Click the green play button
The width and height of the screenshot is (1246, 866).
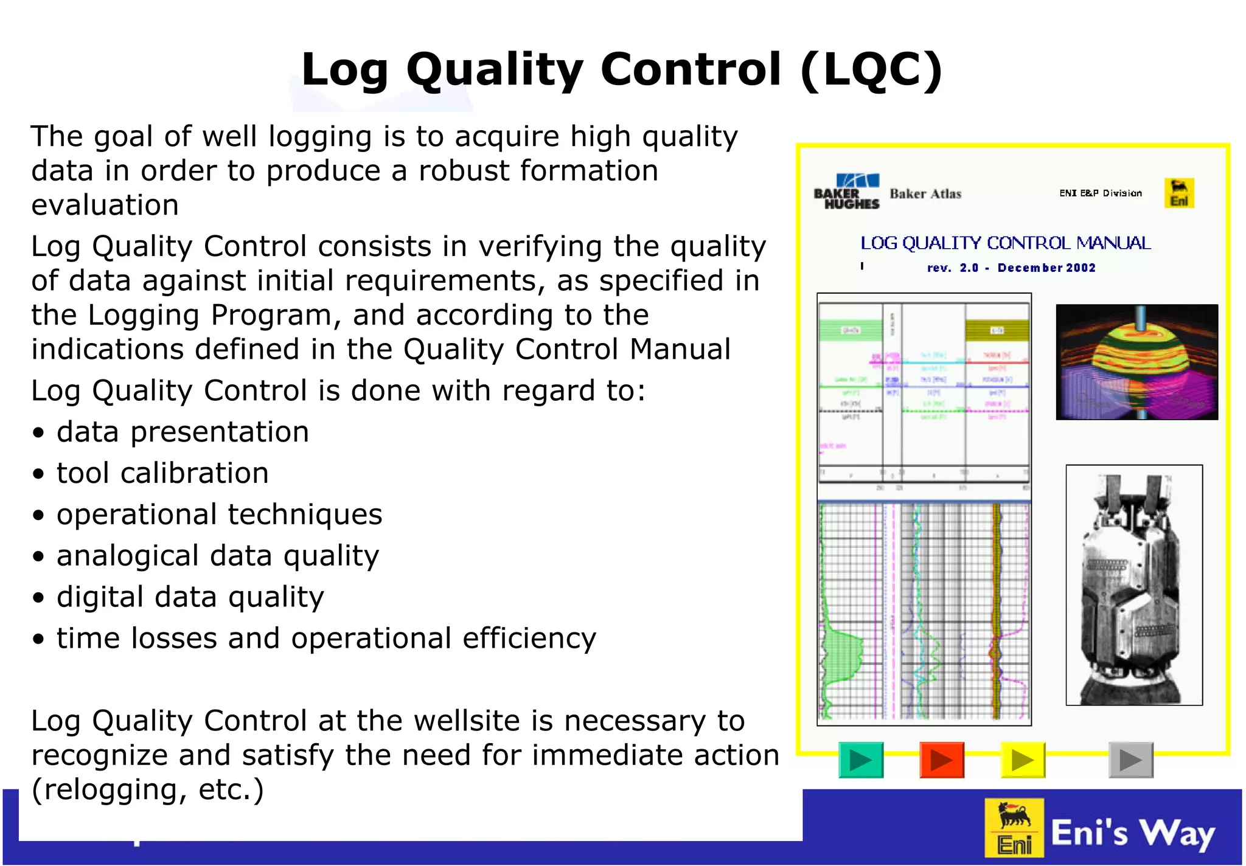point(860,760)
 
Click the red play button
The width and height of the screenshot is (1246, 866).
point(941,760)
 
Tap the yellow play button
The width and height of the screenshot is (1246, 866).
point(1023,760)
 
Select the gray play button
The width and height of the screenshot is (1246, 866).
point(1130,760)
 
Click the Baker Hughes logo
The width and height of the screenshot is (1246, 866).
point(847,192)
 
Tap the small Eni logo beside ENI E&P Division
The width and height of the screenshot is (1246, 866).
point(1178,193)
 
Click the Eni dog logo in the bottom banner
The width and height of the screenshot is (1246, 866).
point(1014,828)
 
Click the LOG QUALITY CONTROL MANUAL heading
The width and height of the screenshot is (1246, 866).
point(1005,243)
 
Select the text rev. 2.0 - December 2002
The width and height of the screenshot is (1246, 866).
point(1011,268)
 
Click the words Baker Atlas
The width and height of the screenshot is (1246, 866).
point(925,194)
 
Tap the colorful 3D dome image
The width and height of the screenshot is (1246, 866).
point(1136,362)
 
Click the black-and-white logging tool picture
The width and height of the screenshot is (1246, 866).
point(1133,585)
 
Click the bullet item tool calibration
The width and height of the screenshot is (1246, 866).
point(162,473)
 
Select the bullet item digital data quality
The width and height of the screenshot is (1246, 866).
point(190,597)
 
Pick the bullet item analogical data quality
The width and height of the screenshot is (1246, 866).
point(218,556)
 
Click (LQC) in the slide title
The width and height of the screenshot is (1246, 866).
point(871,69)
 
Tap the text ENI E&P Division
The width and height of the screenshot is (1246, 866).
point(1100,193)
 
